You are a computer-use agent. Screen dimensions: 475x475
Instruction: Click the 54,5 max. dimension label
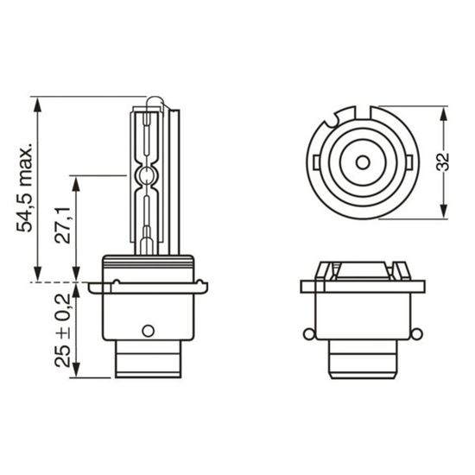[24, 187]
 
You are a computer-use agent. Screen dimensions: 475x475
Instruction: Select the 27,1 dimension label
[62, 225]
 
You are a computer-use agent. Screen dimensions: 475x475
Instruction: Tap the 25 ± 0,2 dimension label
[63, 331]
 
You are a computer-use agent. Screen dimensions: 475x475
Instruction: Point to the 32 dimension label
[442, 162]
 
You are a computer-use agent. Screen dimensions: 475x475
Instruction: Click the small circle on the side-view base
[149, 331]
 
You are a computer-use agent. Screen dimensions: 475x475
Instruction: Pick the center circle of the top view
[363, 162]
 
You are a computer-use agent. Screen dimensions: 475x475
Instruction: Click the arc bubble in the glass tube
[146, 175]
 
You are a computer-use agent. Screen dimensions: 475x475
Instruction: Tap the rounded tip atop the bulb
[154, 101]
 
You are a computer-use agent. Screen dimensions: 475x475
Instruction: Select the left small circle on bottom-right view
[308, 334]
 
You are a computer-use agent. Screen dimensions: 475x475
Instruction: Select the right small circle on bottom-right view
[416, 334]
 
